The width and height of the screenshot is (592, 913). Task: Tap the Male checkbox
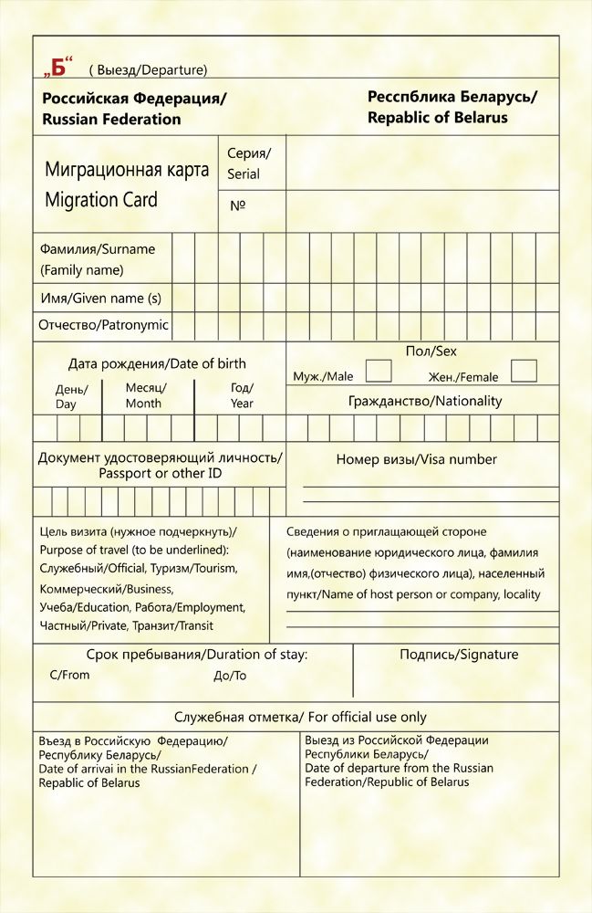(379, 371)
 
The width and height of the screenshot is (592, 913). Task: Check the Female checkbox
(524, 371)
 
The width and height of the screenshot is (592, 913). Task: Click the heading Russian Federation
(111, 119)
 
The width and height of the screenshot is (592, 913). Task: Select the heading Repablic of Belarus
(437, 117)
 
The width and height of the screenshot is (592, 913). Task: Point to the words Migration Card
(100, 200)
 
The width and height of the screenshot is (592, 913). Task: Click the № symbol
(238, 206)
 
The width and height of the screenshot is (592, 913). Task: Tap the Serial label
(244, 173)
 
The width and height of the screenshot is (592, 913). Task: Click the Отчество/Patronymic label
(103, 324)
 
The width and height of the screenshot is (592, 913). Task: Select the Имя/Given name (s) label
(100, 298)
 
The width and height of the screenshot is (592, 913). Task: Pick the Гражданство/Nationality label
(425, 401)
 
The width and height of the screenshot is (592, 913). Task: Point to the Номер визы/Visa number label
(416, 459)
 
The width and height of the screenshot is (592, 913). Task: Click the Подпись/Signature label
(459, 654)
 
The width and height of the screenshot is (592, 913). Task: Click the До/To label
(229, 677)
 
